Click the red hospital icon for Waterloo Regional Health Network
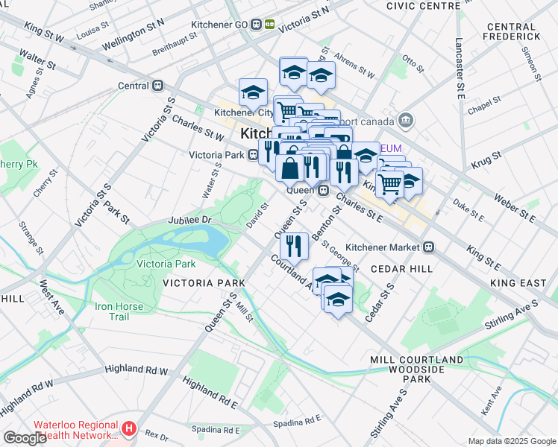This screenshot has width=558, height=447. tap(130, 428)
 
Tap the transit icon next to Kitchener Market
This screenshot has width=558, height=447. tap(429, 247)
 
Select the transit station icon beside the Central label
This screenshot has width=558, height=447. tap(157, 86)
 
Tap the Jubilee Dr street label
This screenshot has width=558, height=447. tap(190, 221)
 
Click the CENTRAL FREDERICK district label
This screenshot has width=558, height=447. tap(512, 31)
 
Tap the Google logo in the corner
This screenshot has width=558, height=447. tap(25, 438)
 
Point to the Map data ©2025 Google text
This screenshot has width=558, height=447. tap(512, 441)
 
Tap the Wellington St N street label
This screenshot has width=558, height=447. tap(134, 35)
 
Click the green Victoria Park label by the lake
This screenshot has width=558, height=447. tap(166, 264)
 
